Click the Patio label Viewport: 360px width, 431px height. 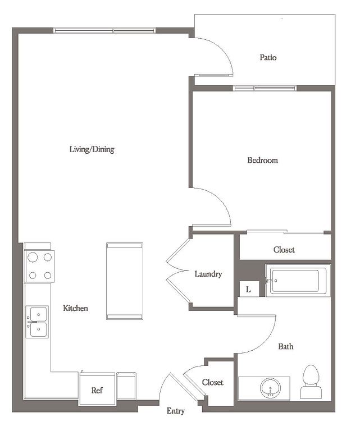coord(268,57)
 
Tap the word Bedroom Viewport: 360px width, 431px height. coord(262,160)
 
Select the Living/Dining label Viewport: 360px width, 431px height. coord(92,149)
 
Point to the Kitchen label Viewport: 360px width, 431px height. coord(75,308)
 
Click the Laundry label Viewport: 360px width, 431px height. coord(208,274)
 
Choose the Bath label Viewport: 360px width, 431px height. coord(286,346)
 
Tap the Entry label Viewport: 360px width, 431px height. coord(175,411)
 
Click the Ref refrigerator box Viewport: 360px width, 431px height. coord(97,388)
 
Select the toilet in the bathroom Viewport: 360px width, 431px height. coord(311,382)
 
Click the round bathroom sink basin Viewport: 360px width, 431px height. coord(270,388)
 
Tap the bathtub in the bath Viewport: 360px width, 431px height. coord(298,281)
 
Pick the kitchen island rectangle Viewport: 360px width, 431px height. coord(125,281)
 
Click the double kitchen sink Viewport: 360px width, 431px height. coord(37,322)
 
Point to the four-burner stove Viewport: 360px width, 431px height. coord(39,267)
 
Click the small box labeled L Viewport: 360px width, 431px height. coord(249,289)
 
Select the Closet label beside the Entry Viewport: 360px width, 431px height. coord(213,382)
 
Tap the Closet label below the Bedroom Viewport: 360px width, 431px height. coord(284,250)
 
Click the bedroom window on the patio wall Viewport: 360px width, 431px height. coord(265,88)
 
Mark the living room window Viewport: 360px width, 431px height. coord(104,30)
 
